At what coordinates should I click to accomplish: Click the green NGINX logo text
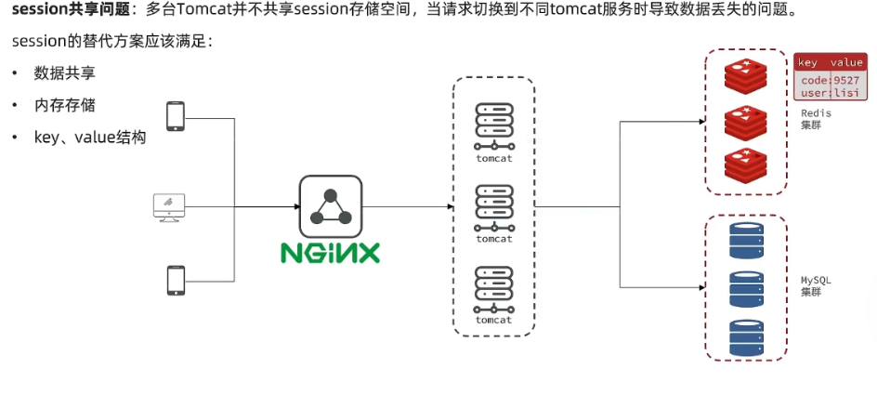[x=330, y=252]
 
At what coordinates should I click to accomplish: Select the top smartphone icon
[x=175, y=117]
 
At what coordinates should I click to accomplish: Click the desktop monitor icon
[x=169, y=206]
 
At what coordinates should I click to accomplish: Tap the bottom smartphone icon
[x=175, y=280]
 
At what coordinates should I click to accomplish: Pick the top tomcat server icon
[x=494, y=126]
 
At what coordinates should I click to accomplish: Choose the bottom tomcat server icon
[x=494, y=289]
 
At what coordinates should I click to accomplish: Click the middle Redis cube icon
[x=748, y=124]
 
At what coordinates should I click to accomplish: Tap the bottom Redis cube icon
[x=748, y=165]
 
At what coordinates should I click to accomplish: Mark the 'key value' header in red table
[x=831, y=62]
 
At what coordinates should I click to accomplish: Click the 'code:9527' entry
[x=831, y=80]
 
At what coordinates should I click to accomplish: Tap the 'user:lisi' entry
[x=831, y=94]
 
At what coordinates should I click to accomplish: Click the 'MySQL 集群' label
[x=816, y=285]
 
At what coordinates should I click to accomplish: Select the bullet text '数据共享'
[x=64, y=73]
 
